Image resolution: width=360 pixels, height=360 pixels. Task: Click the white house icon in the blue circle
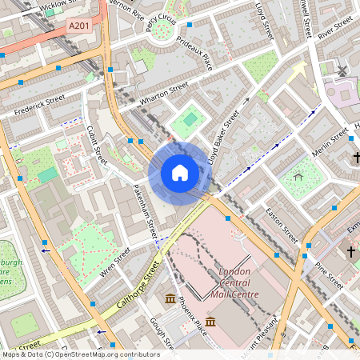[180, 173]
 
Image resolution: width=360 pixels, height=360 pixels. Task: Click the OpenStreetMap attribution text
[80, 354]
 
